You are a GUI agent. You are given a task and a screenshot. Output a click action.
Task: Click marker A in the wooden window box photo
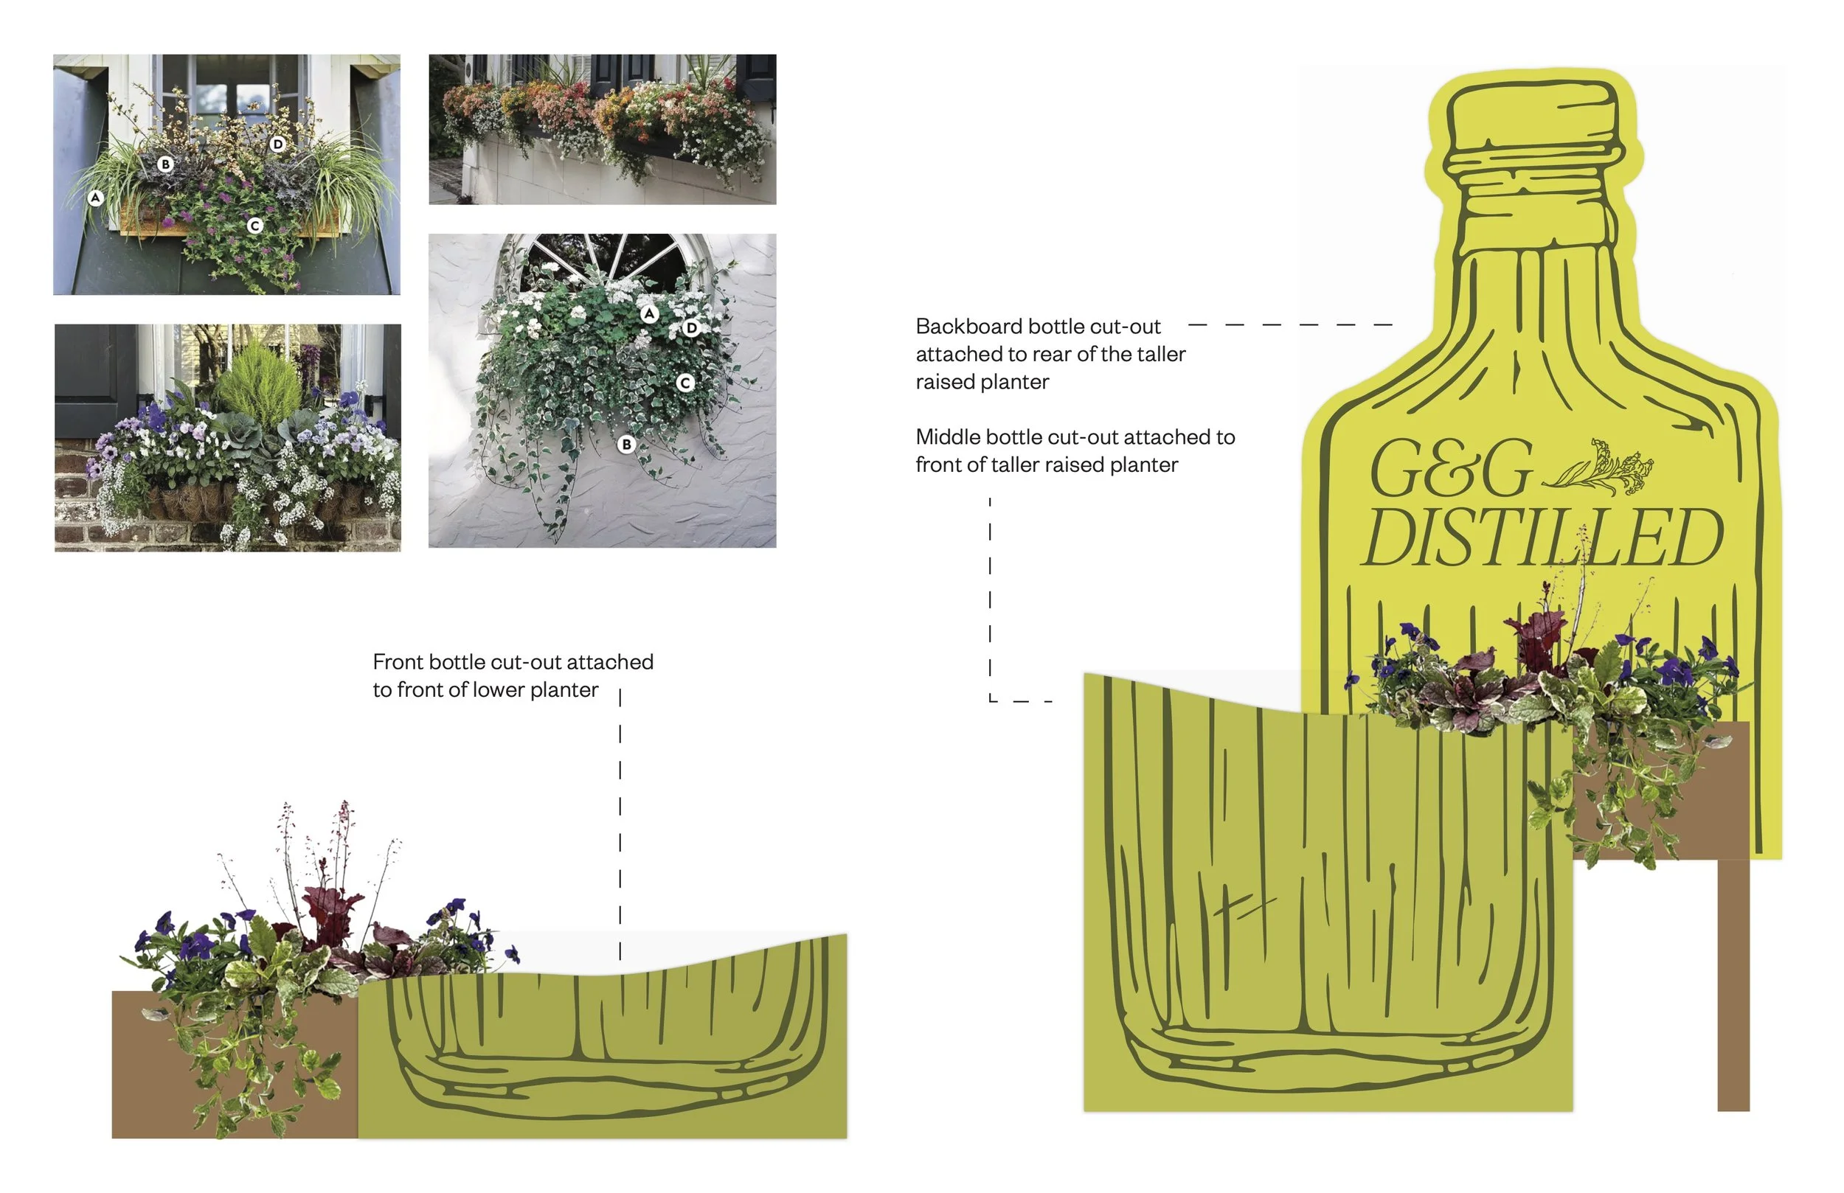tap(95, 198)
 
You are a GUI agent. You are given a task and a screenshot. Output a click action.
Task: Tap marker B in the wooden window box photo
tap(165, 164)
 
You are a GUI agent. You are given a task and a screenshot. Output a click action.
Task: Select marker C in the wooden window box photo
tap(255, 226)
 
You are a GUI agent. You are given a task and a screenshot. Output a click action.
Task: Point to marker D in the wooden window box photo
tap(278, 144)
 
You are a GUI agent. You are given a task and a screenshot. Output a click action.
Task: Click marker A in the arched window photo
tap(649, 314)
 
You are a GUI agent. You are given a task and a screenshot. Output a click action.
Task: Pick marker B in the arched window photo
tap(627, 445)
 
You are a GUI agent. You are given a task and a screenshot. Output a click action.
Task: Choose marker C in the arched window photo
tap(685, 383)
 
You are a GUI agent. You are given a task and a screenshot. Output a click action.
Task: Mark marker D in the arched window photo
tap(692, 327)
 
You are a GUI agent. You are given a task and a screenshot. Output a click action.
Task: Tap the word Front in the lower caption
tap(398, 662)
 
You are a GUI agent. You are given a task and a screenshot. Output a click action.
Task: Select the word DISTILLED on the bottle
tap(1542, 538)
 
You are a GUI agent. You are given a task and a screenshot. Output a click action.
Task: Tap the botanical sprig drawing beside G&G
tap(1600, 469)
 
